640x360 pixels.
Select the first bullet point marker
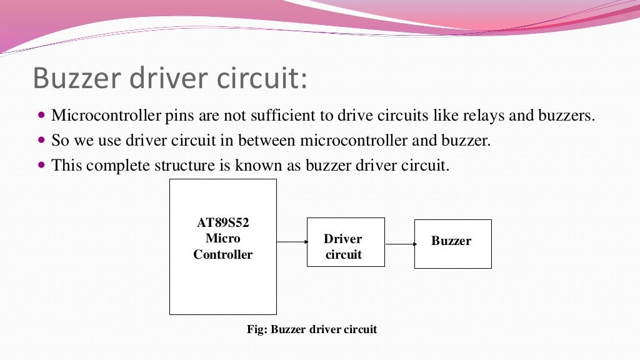42,116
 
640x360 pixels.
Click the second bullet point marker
42,141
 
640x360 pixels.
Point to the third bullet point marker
42,166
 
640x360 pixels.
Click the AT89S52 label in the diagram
222,222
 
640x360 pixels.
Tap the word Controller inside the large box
222,255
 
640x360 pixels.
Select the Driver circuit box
345,242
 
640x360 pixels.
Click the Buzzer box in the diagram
452,244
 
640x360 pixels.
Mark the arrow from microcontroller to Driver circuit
292,241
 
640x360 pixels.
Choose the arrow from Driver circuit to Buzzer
400,244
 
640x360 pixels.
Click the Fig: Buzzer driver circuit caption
312,329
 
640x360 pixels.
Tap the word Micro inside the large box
222,239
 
